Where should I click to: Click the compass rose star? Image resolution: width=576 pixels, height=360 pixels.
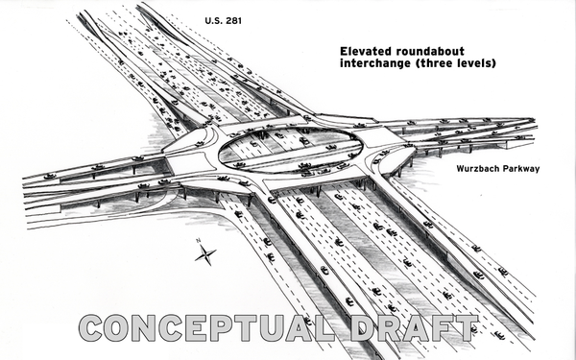point(204,254)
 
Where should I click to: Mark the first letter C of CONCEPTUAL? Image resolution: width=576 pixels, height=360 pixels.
point(92,327)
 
